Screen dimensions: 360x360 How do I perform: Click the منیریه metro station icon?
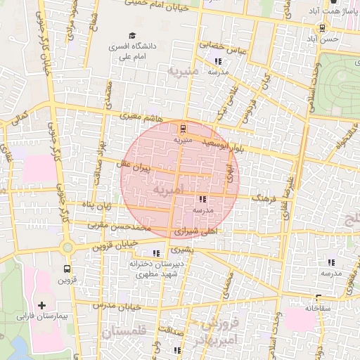[x=183, y=128]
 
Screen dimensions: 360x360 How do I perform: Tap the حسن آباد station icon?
[x=322, y=28]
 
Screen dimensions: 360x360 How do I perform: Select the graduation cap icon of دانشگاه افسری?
[x=131, y=35]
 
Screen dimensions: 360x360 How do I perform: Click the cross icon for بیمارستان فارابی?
[x=42, y=305]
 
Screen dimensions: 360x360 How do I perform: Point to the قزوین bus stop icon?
[x=67, y=269]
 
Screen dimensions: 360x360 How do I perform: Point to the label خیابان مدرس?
[x=112, y=306]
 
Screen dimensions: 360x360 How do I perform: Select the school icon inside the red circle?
[x=203, y=199]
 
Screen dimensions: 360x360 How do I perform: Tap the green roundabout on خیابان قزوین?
[x=67, y=247]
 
